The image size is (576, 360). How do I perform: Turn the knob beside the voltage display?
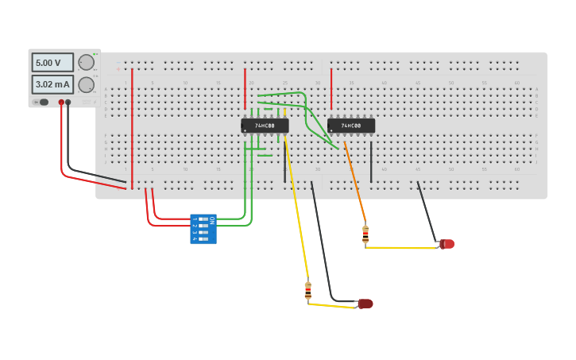point(87,62)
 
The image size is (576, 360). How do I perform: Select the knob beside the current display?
point(87,84)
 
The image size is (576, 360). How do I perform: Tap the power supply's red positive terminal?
point(61,103)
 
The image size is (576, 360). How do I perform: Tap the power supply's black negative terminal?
point(68,103)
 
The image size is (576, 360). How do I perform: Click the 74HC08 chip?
point(265,126)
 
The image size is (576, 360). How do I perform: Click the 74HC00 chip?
point(351,126)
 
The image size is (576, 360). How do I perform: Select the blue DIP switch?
point(203,229)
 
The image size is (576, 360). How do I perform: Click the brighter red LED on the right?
point(447,244)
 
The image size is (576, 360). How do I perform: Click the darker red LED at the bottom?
point(365,304)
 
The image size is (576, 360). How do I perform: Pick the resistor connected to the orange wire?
point(365,234)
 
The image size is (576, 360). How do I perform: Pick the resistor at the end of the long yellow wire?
point(308,291)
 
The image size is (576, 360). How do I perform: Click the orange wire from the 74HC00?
point(355,181)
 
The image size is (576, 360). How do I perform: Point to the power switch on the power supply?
point(44,102)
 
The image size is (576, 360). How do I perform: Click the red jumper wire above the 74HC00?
point(331,87)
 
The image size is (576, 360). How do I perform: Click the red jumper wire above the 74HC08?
point(245,87)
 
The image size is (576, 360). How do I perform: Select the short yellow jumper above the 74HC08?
point(285,112)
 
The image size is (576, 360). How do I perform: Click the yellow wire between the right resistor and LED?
point(401,247)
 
